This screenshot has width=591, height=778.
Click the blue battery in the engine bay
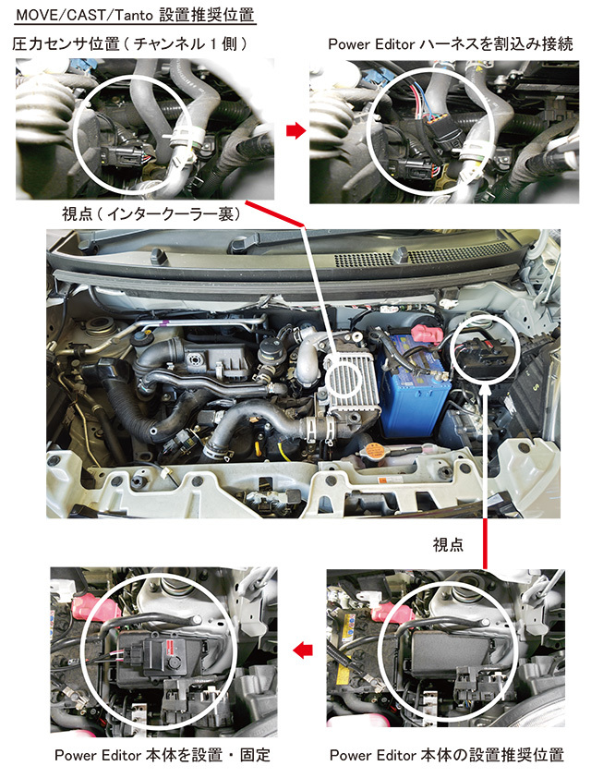click(414, 385)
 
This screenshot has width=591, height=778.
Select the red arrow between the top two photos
click(296, 130)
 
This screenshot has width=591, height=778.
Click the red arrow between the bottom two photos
click(303, 650)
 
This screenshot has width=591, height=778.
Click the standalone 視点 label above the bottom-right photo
click(448, 544)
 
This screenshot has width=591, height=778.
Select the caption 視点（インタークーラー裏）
click(151, 213)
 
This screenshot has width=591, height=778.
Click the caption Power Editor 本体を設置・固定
click(163, 755)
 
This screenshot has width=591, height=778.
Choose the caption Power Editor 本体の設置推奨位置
click(447, 755)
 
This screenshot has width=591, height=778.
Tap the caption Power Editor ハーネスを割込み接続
click(451, 43)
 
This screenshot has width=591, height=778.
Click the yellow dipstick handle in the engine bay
click(283, 453)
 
